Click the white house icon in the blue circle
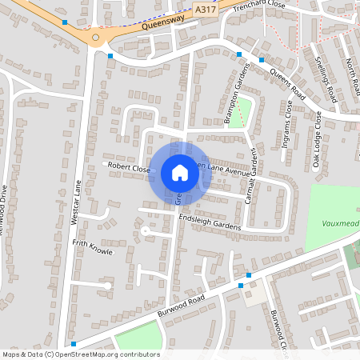180,173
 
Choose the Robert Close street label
129,169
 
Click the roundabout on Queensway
95,37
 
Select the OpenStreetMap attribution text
80,354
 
